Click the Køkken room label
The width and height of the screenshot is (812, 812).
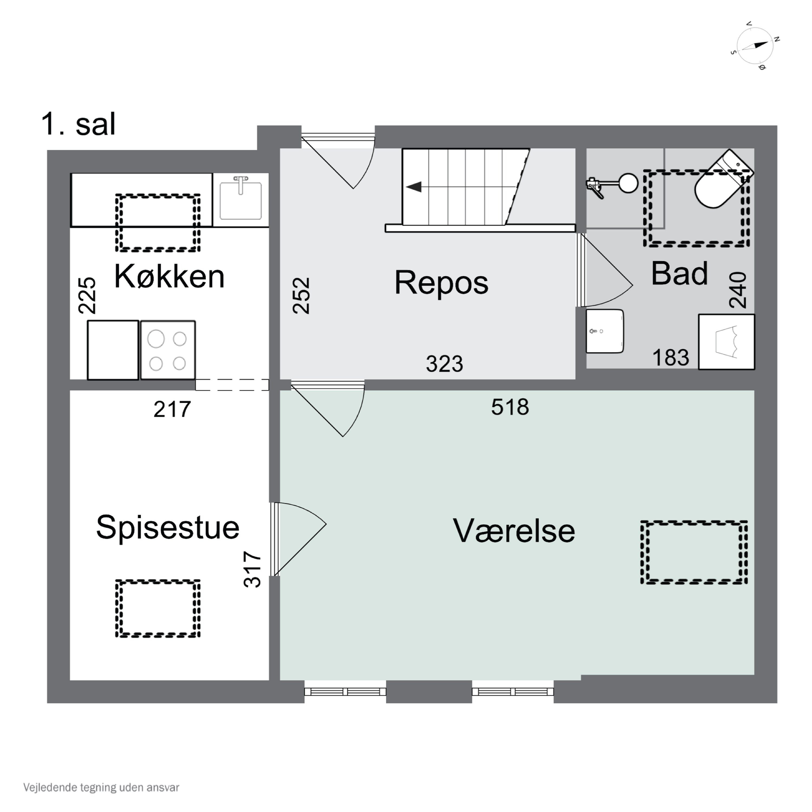[169, 277]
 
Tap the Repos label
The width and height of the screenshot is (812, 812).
[441, 282]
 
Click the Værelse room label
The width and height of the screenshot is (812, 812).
[514, 531]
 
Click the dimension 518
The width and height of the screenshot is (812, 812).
[510, 407]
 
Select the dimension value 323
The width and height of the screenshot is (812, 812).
[444, 364]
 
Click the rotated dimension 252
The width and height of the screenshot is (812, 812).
[301, 296]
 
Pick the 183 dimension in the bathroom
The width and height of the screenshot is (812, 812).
[670, 358]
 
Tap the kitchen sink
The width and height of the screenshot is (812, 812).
[240, 200]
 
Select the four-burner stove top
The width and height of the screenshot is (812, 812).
[168, 351]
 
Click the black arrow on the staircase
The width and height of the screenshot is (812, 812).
[414, 186]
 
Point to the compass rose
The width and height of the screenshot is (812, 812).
[755, 45]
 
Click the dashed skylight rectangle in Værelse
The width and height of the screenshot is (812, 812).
[693, 552]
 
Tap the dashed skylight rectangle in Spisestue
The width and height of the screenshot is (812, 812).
[158, 608]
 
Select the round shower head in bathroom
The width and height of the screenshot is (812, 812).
[628, 183]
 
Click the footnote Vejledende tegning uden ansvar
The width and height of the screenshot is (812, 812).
[101, 787]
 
